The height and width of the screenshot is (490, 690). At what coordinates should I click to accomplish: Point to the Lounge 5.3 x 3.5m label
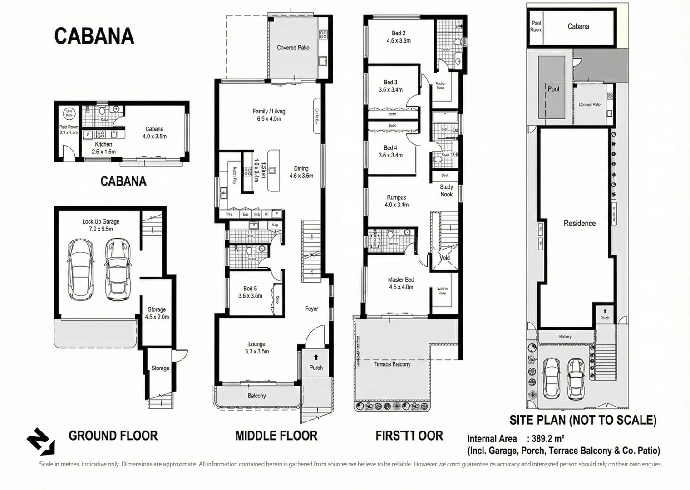[257, 348]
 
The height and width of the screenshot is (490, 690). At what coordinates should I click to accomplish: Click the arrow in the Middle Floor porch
[316, 357]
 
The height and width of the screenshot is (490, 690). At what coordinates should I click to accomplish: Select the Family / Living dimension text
[269, 119]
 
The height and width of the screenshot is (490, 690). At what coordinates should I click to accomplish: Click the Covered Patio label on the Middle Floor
[293, 48]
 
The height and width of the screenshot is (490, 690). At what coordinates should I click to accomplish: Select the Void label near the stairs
[444, 258]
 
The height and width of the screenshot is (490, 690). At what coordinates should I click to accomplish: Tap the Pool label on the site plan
[553, 89]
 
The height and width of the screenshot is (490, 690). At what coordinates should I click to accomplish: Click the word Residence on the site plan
[579, 223]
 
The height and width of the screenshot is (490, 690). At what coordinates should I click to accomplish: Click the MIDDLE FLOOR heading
[276, 436]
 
